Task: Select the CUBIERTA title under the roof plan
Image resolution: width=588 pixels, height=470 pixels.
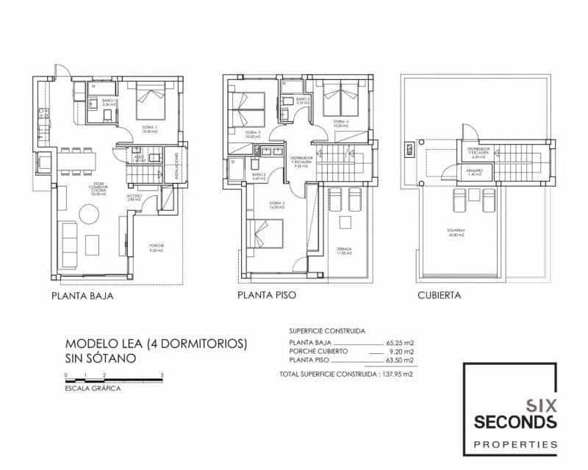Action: [439, 297]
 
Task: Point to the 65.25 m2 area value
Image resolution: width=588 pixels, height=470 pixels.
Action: [400, 343]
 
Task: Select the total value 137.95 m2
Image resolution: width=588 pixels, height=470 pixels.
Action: [397, 374]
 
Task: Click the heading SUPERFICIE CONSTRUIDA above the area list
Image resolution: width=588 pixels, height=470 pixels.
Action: [327, 331]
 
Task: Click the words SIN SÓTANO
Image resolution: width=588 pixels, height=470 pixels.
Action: [100, 359]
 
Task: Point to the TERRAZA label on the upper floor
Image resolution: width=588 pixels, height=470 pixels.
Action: [344, 249]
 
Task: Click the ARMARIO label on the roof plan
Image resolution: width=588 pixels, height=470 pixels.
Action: [473, 173]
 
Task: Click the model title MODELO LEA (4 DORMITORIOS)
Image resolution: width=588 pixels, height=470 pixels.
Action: [156, 344]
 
